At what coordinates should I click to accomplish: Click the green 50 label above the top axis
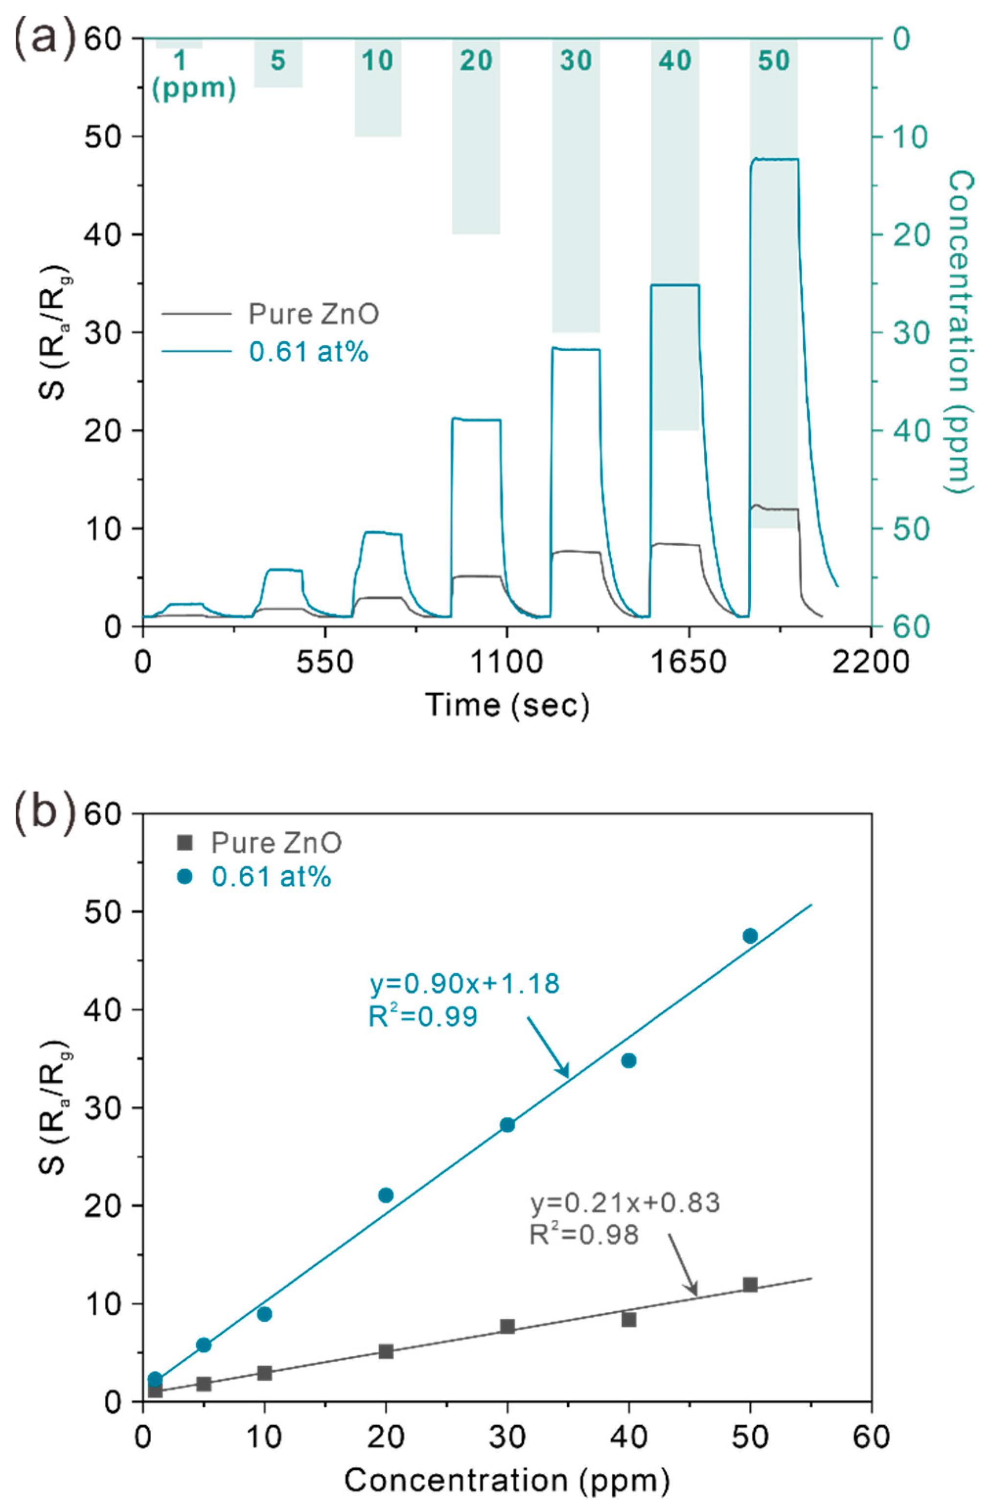tap(774, 61)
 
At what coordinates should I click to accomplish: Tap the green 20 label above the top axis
tap(476, 61)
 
